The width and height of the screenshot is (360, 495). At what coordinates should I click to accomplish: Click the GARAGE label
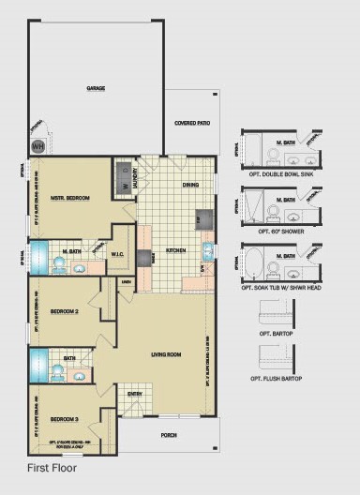click(96, 88)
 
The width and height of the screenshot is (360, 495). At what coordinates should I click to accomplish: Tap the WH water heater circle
click(38, 146)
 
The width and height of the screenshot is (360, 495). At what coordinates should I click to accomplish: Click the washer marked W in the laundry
click(122, 186)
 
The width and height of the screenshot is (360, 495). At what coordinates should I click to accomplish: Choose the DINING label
click(190, 185)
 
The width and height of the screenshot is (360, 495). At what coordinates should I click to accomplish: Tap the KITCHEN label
click(175, 251)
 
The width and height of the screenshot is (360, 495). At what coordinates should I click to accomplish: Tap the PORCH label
click(169, 435)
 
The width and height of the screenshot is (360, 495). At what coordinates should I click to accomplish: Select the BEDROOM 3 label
click(63, 417)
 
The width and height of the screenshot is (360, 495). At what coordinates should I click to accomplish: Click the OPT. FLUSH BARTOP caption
click(284, 377)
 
